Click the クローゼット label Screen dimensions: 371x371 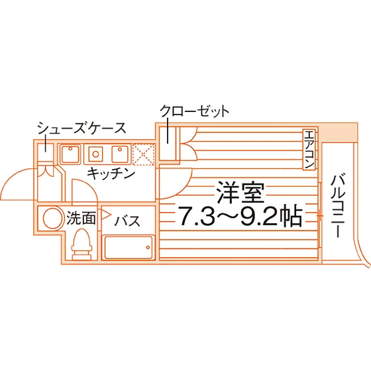coord(195,111)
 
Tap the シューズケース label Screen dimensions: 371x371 coord(81,128)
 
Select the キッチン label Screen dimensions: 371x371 coord(111,174)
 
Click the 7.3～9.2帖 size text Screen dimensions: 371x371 coord(240,216)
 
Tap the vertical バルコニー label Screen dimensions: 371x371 coord(338,206)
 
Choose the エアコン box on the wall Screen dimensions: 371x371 coord(309,149)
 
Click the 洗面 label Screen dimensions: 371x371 coord(81,217)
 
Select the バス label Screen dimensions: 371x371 coord(127,221)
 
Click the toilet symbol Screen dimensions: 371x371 coord(82,244)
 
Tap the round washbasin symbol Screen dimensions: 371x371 coord(52,219)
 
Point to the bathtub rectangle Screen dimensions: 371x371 coord(129,247)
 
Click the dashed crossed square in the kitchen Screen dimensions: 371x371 coord(143,154)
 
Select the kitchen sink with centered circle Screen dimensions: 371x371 coord(95,154)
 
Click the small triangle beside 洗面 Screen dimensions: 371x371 coord(106,215)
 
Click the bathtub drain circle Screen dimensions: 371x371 coord(148,248)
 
